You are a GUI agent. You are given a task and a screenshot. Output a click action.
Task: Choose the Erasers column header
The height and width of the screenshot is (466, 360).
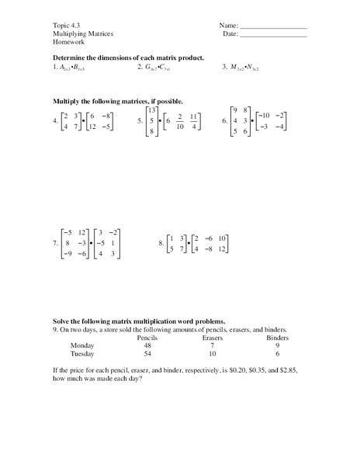click(x=213, y=339)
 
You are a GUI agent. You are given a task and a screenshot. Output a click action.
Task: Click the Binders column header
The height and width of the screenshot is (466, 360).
click(x=277, y=339)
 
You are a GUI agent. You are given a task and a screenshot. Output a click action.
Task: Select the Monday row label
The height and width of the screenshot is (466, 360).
click(x=81, y=346)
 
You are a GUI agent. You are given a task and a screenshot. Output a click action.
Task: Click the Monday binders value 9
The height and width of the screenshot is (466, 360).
click(x=277, y=346)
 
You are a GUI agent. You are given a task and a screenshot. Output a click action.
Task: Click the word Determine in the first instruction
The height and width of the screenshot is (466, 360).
click(x=72, y=58)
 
